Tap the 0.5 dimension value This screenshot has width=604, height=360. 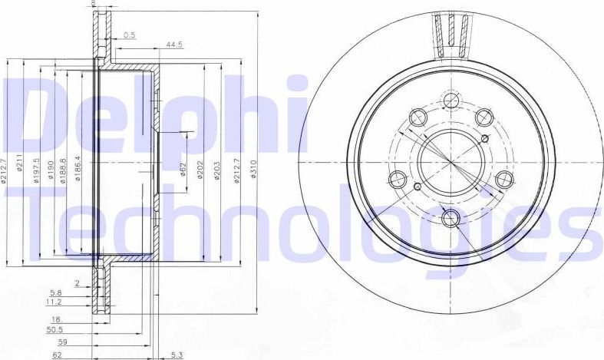(x=130, y=35)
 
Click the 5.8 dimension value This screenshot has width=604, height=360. (x=55, y=293)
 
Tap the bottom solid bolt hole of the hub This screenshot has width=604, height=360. (x=451, y=218)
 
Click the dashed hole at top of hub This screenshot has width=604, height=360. (x=451, y=100)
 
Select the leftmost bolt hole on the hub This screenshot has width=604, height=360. (x=397, y=180)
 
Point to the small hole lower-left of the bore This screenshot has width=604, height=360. (x=417, y=187)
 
